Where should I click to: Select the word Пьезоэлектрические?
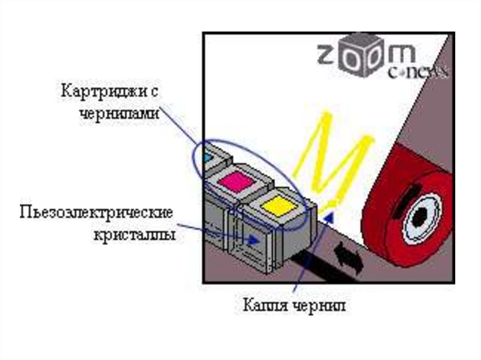point(96,214)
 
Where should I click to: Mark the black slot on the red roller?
point(404,197)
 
